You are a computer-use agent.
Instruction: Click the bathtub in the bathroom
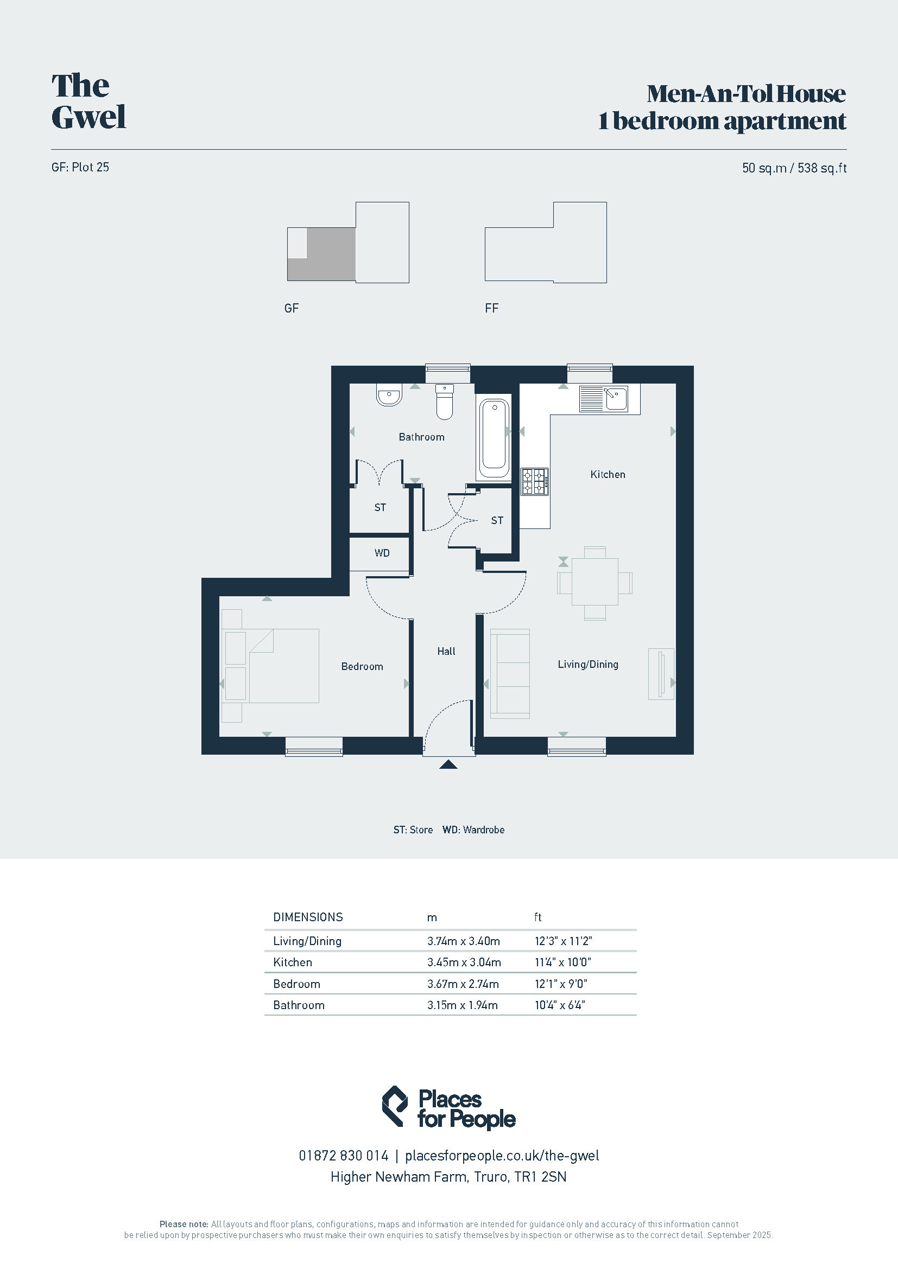[x=494, y=439]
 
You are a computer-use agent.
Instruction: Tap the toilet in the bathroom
[x=445, y=402]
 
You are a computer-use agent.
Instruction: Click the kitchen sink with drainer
[x=603, y=399]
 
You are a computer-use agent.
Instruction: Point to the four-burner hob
[x=535, y=481]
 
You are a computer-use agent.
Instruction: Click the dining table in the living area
[x=595, y=583]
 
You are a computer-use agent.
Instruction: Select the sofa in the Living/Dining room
[x=510, y=673]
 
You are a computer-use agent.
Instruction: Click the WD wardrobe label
[x=382, y=553]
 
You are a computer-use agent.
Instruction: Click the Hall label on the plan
[x=446, y=651]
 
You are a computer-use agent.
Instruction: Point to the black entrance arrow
[x=448, y=764]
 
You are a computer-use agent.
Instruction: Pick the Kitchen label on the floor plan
[x=608, y=474]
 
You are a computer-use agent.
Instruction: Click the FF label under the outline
[x=491, y=308]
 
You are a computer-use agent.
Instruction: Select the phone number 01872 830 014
[x=343, y=1156]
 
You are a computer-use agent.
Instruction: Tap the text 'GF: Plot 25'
[x=80, y=167]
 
